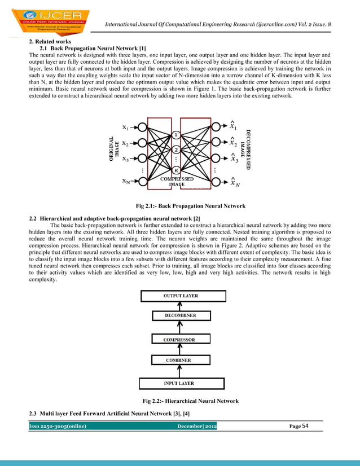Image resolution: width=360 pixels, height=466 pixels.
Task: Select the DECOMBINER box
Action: tap(181, 316)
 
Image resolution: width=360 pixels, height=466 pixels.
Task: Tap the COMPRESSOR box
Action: tap(179, 340)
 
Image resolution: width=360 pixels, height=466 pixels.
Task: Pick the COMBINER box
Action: tap(178, 360)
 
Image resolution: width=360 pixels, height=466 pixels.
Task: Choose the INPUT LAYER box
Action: tap(179, 384)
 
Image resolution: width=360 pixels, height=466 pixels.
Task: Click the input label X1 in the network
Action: tap(127, 126)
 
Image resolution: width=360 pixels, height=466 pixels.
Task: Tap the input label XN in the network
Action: tap(127, 181)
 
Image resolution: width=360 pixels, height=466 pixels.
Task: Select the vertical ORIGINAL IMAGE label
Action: tap(113, 150)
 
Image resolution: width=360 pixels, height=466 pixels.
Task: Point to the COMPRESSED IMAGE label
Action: tap(178, 181)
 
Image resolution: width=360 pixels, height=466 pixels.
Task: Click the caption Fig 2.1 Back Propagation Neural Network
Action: tap(185, 206)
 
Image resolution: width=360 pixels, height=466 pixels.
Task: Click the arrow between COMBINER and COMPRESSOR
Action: tap(179, 350)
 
